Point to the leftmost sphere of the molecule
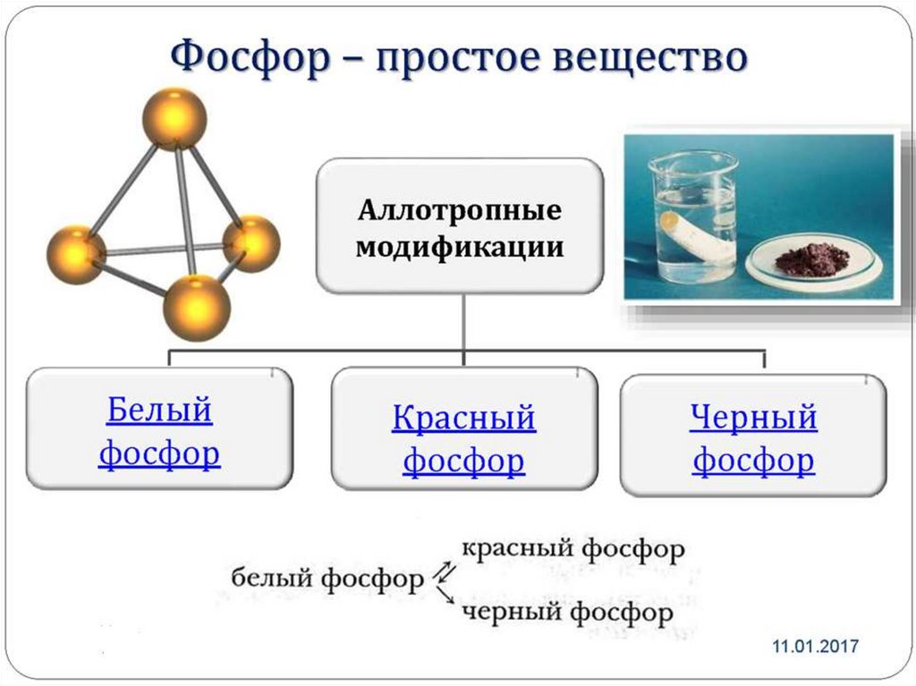(x=76, y=255)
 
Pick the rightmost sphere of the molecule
(x=251, y=243)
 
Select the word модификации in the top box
(x=460, y=246)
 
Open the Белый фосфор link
(x=159, y=432)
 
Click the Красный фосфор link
(x=463, y=439)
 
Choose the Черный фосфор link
(x=753, y=438)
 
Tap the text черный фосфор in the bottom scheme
(x=567, y=613)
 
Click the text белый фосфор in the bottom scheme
(x=327, y=579)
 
